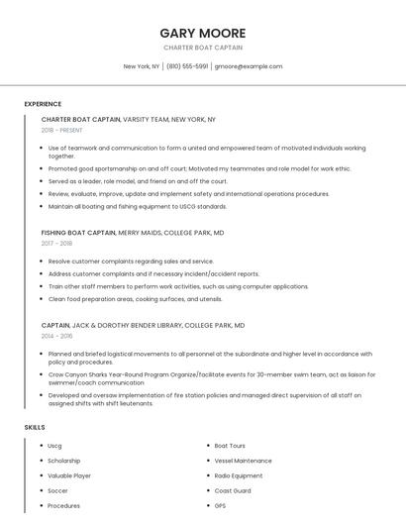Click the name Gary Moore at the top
pos(202,33)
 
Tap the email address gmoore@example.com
pos(249,66)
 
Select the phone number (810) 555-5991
pos(187,66)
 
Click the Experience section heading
pos(43,104)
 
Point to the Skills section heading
pos(35,427)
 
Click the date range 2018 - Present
pos(62,130)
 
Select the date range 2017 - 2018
pos(56,243)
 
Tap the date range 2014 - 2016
pos(56,336)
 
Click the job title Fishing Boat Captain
pos(78,232)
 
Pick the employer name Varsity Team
pos(146,119)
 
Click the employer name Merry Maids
pos(141,232)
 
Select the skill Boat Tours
pos(230,446)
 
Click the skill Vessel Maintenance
pos(243,461)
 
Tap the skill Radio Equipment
pos(239,475)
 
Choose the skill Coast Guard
pos(233,490)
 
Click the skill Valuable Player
pos(69,475)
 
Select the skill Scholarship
pos(64,461)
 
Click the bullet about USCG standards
pos(138,206)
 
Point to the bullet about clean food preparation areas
pos(136,298)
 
